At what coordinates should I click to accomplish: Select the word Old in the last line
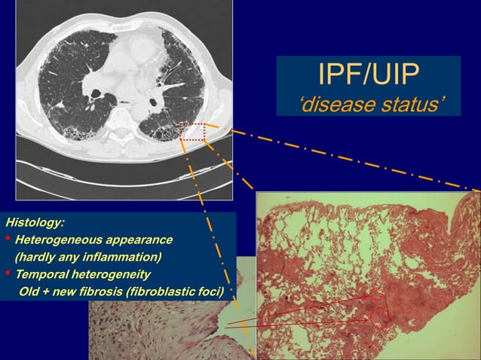(x=32, y=290)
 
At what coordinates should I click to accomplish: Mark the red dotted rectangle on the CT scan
(x=192, y=133)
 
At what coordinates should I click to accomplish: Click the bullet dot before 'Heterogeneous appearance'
(x=8, y=240)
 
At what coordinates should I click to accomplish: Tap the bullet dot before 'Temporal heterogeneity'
(x=8, y=273)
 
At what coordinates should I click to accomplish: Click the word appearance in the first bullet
(x=140, y=240)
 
